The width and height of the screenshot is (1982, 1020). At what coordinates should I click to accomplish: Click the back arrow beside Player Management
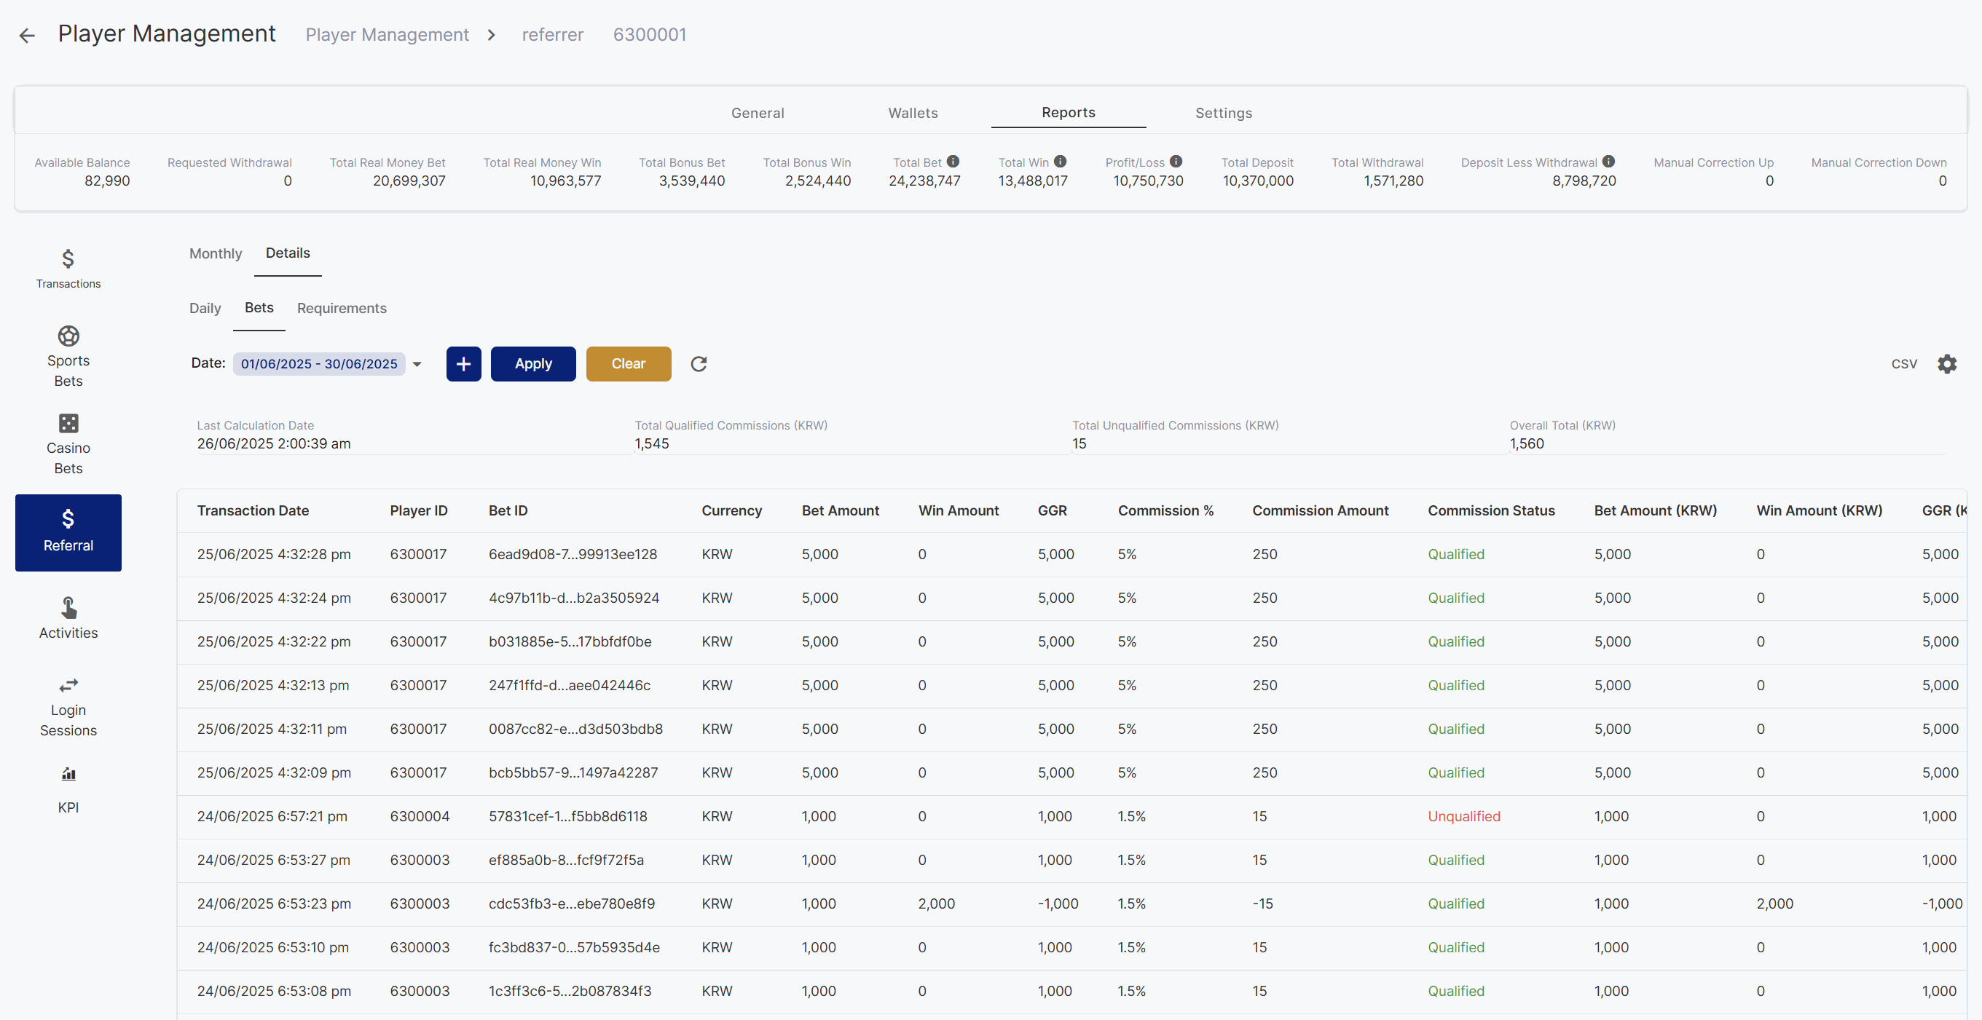pos(28,36)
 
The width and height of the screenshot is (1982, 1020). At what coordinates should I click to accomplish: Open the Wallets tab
pos(913,113)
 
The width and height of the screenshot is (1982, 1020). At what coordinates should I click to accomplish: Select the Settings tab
pos(1223,113)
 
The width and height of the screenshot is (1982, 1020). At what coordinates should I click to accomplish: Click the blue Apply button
pos(533,364)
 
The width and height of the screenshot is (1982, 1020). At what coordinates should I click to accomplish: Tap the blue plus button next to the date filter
pos(464,364)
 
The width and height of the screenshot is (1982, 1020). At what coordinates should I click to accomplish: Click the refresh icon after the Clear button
pos(699,364)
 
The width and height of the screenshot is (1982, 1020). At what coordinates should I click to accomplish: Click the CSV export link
pos(1904,364)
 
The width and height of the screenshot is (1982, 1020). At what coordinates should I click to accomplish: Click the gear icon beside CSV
pos(1946,364)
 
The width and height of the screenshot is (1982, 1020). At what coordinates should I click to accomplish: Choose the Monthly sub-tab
pos(216,254)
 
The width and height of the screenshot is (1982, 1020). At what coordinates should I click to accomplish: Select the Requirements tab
pos(342,309)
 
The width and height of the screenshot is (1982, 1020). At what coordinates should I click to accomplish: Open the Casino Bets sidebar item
pos(68,445)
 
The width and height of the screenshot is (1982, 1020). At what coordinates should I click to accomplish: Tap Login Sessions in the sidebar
pos(68,708)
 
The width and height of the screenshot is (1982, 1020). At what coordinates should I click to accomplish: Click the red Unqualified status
pos(1463,816)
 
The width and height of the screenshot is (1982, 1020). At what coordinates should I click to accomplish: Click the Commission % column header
pos(1165,511)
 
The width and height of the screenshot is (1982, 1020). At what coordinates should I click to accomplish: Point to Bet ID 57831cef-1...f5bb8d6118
pos(568,816)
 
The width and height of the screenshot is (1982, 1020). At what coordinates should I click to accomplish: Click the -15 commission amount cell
pos(1262,904)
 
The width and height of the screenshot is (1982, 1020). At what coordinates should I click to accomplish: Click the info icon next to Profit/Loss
pos(1176,162)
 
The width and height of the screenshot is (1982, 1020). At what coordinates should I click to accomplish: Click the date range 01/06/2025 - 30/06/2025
pos(319,364)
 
